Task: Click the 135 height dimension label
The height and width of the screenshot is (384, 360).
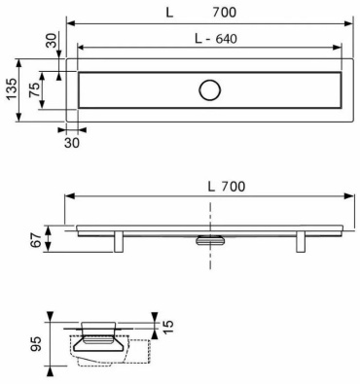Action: click(x=12, y=89)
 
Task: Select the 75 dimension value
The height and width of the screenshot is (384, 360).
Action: click(x=35, y=89)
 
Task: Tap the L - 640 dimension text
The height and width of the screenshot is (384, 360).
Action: click(x=216, y=39)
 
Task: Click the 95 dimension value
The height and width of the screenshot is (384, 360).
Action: click(x=36, y=344)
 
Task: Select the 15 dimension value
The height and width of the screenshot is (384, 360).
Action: click(x=167, y=328)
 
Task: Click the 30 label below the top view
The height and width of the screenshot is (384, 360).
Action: click(x=72, y=143)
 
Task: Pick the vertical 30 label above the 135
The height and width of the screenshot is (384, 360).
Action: click(x=51, y=40)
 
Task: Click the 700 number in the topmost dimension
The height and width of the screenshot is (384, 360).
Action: click(x=225, y=13)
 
